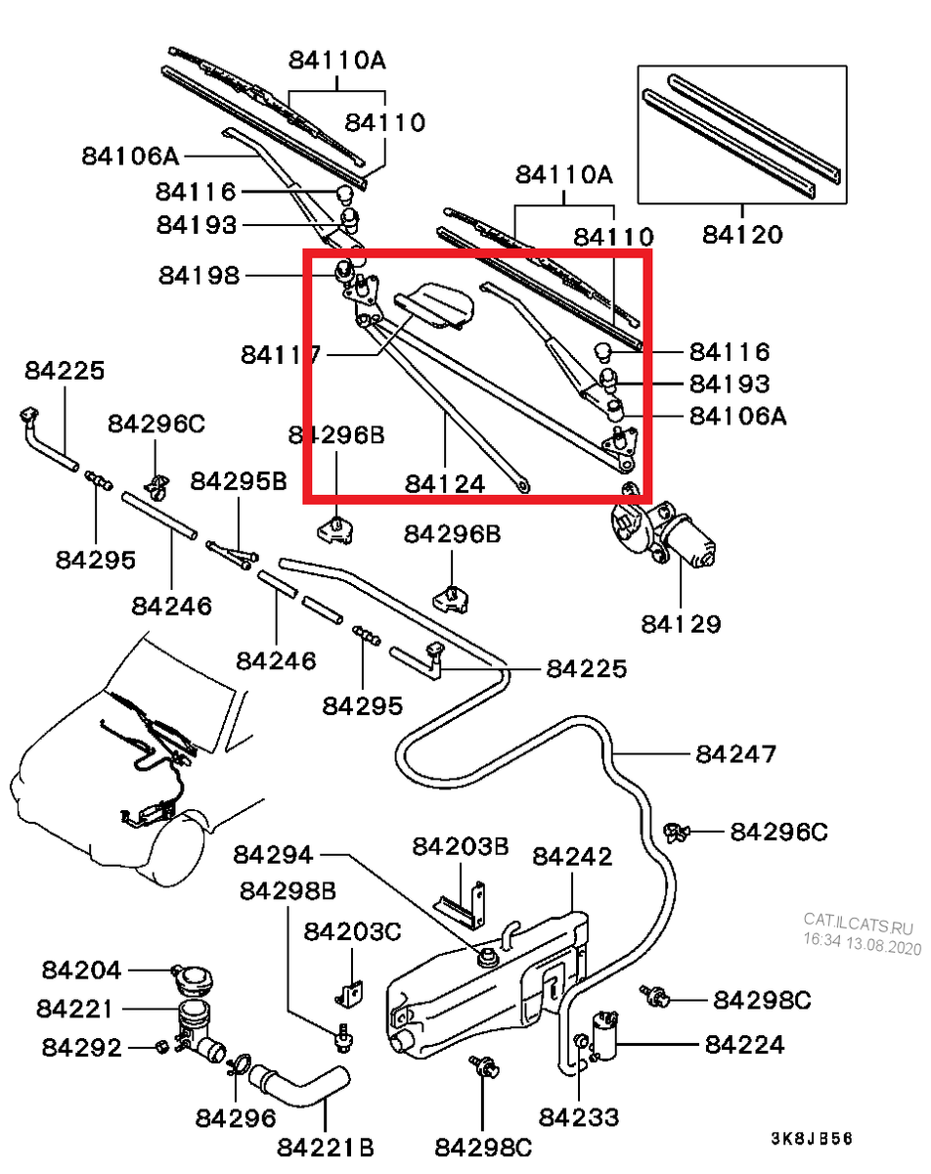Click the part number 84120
point(742,235)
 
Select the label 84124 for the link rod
point(445,484)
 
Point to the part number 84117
point(281,354)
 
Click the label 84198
point(199,276)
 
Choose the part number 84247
point(736,754)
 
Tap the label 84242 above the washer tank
point(572,857)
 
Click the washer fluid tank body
point(479,998)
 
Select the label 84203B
point(460,846)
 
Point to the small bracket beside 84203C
point(349,992)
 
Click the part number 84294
point(273,855)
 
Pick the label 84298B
point(288,890)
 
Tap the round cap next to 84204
point(192,977)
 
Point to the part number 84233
point(579,1117)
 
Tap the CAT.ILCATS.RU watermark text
point(858,920)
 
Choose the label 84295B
point(239,480)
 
